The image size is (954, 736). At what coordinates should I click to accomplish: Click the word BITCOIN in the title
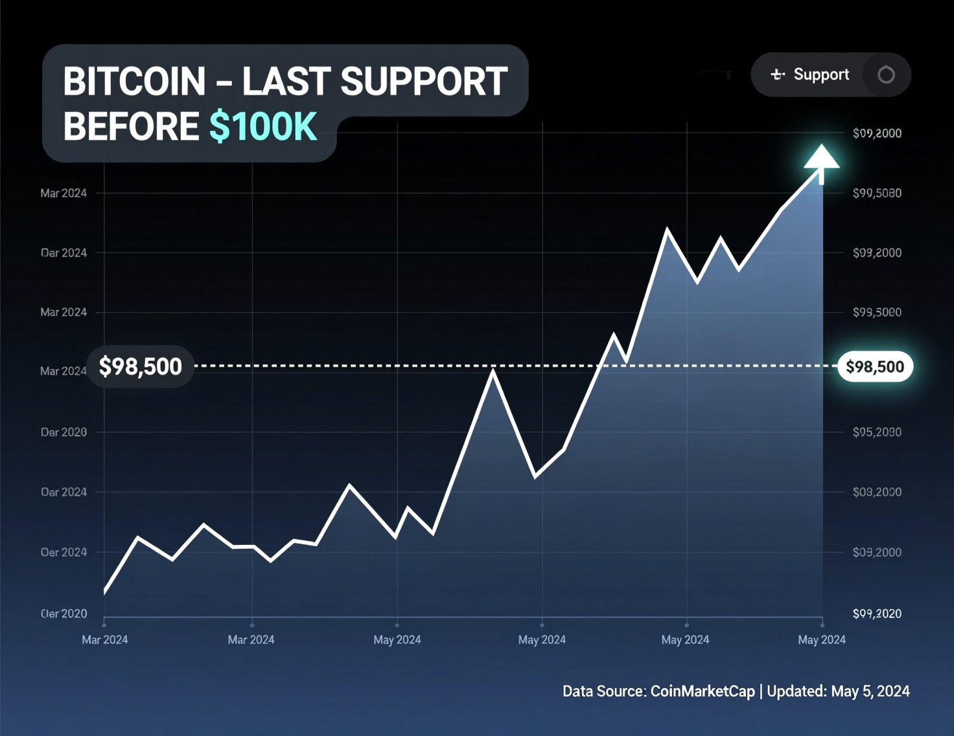pos(134,82)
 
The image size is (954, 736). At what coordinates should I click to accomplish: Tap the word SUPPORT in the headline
pos(424,82)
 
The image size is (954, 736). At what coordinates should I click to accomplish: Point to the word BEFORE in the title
pos(131,126)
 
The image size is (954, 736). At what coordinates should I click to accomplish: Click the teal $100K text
pos(263,126)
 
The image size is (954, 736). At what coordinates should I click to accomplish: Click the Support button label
pos(821,75)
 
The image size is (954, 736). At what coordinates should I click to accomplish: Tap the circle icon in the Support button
pos(886,75)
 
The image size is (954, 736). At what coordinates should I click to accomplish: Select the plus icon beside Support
pos(777,75)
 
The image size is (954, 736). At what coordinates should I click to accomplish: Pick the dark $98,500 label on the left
pos(140,367)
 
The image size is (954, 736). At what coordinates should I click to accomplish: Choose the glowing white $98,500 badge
pos(875,367)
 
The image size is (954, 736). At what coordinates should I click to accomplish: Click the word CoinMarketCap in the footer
pos(703,691)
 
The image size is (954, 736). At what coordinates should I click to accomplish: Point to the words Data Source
pos(603,691)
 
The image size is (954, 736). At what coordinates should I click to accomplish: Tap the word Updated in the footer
pos(796,691)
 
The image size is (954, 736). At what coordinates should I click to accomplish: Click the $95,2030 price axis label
pos(877,432)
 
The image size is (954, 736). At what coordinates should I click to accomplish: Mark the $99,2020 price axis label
pos(877,614)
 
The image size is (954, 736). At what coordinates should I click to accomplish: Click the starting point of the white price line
pos(105,591)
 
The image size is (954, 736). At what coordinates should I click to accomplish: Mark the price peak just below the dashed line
pos(493,372)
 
